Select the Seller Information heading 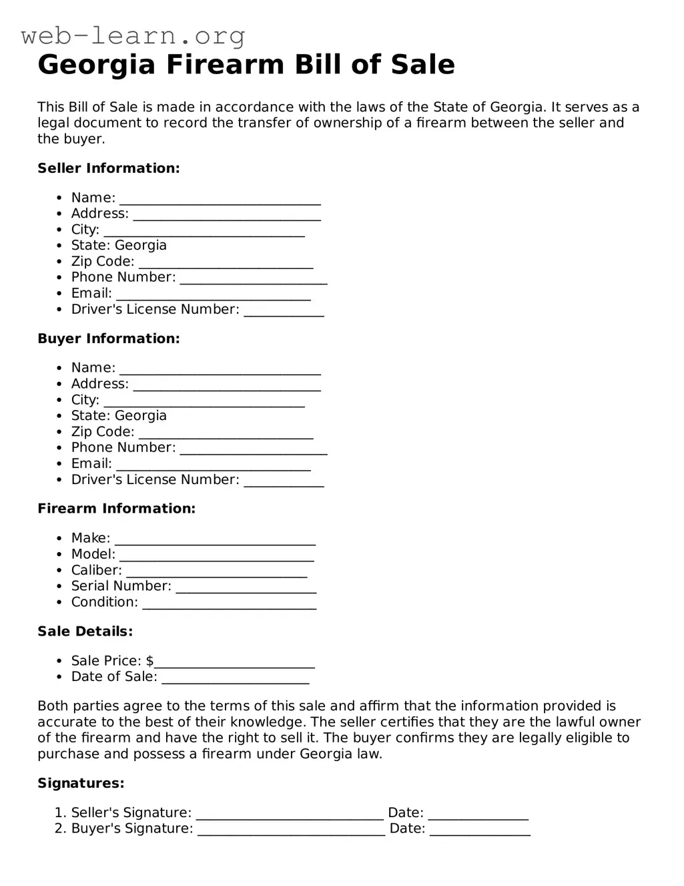click(108, 168)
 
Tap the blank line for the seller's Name click(220, 199)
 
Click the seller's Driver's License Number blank click(284, 310)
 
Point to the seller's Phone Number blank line click(254, 278)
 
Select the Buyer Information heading click(108, 339)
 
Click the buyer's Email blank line click(214, 465)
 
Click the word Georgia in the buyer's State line click(140, 416)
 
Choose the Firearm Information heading click(116, 509)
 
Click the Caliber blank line click(216, 572)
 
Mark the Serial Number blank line click(246, 588)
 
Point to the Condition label click(104, 602)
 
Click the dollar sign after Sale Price click(149, 661)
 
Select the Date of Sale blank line click(236, 678)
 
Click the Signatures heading click(81, 783)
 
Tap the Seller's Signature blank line click(290, 814)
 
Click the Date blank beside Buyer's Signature click(480, 830)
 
